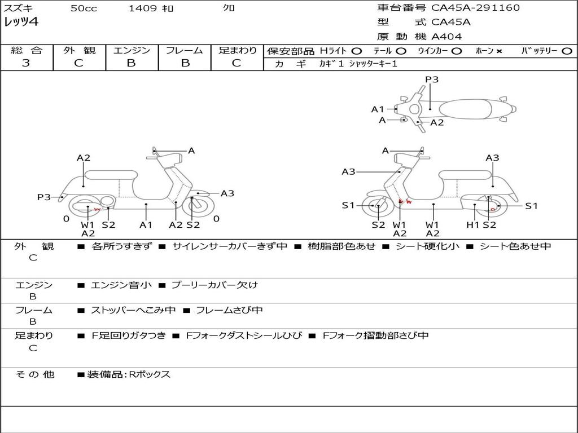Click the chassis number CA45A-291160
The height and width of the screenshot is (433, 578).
(x=475, y=8)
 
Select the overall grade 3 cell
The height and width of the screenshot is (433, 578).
(x=26, y=63)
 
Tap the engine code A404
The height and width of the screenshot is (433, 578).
(x=446, y=37)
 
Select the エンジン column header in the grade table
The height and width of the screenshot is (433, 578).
(x=132, y=51)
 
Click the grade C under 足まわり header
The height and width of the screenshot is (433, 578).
(x=237, y=63)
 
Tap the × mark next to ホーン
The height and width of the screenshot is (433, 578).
(x=499, y=51)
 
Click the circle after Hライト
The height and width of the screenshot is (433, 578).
(x=357, y=51)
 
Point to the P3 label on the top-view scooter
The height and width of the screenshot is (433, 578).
(x=432, y=79)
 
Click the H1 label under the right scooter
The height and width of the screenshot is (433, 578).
(x=472, y=225)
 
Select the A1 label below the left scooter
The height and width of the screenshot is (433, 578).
(x=146, y=225)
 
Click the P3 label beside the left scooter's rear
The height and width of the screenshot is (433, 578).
(x=44, y=197)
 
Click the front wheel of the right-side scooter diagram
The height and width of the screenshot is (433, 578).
(x=377, y=206)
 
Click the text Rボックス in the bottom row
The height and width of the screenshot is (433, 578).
(x=150, y=374)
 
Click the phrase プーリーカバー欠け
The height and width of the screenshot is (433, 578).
(x=214, y=285)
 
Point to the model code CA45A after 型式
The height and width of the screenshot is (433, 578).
(x=451, y=23)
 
